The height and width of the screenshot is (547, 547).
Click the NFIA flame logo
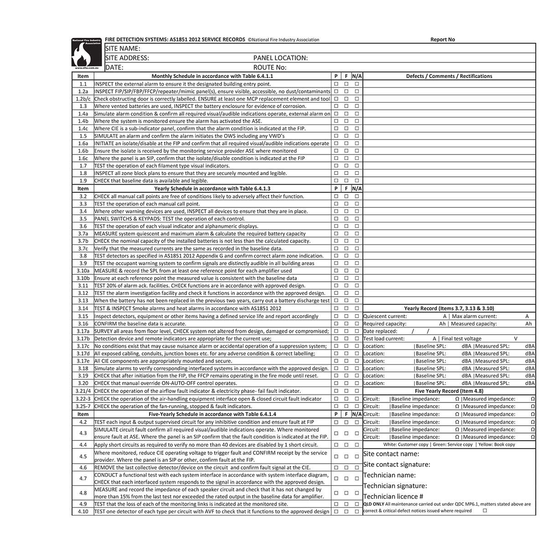coord(87,54)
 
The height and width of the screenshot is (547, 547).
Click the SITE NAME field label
coord(123,48)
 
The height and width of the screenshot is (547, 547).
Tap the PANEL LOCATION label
coord(280,58)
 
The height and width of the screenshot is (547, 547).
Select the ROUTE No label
coord(270,67)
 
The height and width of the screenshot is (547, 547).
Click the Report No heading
coord(442,40)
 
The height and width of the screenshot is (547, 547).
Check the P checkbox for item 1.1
coord(336,84)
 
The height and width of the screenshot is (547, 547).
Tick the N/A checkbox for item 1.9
coord(357,181)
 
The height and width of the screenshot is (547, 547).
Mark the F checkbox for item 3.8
coord(346,256)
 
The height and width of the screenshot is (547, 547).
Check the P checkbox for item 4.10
coord(336,511)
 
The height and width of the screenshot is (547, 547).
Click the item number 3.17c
coord(83,346)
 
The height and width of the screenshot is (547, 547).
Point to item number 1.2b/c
coord(83,99)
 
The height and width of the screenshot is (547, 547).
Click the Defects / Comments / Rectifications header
coord(449,76)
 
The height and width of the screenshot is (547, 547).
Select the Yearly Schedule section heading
coord(212,188)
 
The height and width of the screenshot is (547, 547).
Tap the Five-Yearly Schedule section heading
coord(212,414)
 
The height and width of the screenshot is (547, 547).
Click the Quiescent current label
coord(385,316)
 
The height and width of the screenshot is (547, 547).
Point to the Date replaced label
coord(380,331)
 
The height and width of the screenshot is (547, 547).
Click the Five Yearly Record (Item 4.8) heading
coord(449,391)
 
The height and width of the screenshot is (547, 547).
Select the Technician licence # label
coord(393,496)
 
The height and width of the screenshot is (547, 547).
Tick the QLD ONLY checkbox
coord(485,511)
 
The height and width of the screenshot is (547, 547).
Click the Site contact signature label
coord(397,464)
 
